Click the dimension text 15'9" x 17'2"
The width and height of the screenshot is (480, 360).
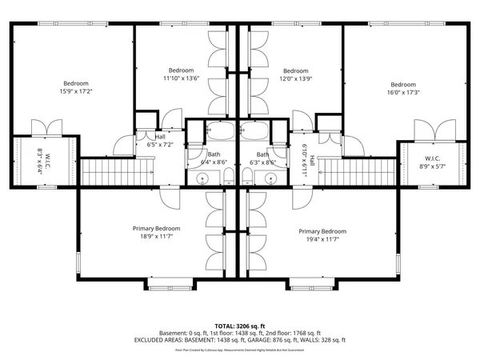pos(76,92)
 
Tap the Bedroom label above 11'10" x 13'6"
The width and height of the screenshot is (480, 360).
pos(181,70)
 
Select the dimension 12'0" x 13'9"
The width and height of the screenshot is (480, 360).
pos(295,78)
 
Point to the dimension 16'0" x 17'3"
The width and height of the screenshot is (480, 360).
pos(403,93)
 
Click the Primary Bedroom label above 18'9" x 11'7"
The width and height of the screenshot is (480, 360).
pos(157,228)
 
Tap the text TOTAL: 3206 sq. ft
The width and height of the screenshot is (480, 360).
pos(239,326)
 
